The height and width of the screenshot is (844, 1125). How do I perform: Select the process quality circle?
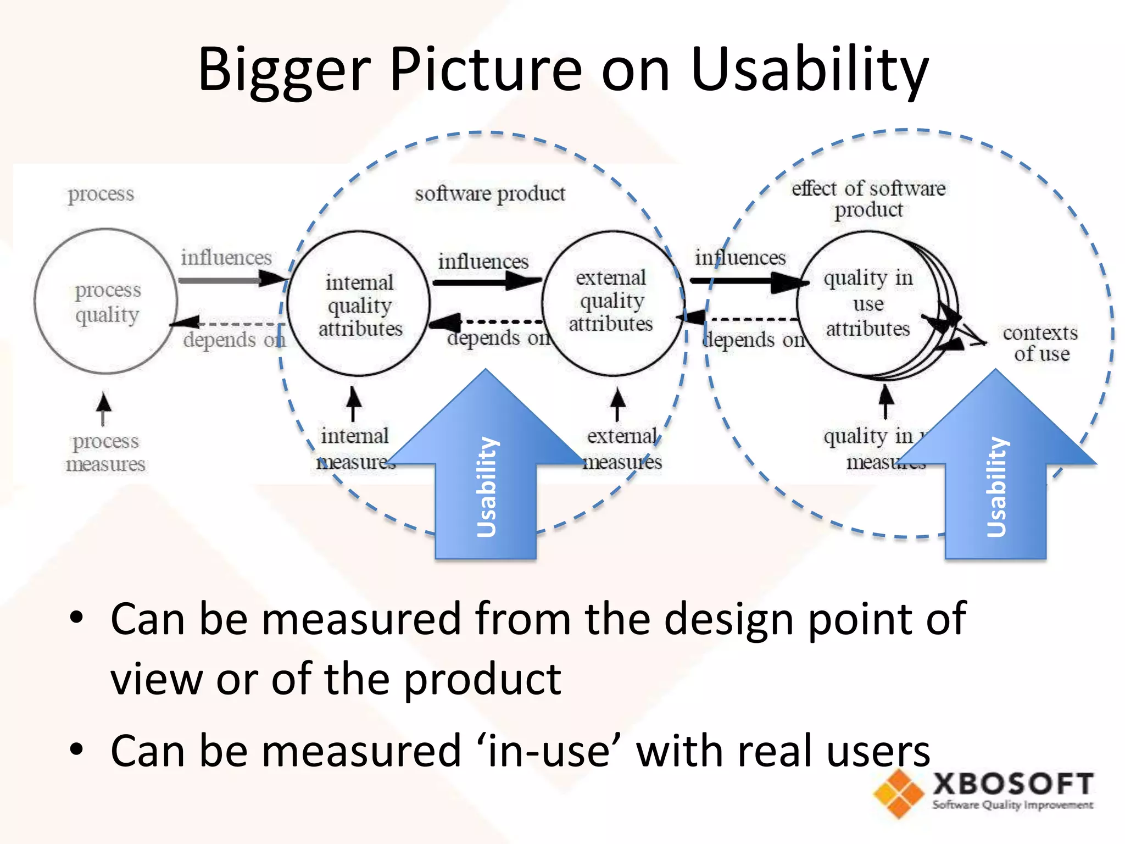coord(106,301)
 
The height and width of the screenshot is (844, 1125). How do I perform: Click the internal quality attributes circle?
coord(359,304)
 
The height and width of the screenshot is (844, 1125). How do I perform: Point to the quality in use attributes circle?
coord(868,303)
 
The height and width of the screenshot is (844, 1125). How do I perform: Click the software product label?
coord(489,193)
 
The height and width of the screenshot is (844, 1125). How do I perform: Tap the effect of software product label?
coord(868,198)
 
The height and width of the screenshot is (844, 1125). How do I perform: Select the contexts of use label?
coord(1040,343)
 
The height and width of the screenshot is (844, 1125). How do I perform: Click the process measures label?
coord(105,452)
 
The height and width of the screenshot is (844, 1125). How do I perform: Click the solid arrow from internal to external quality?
coord(486,282)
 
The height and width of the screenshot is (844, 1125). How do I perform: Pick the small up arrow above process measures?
coord(103,408)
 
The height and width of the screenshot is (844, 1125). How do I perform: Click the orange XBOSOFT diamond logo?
coord(898,793)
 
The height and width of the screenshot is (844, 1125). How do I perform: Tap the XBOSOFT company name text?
coord(1012,784)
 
